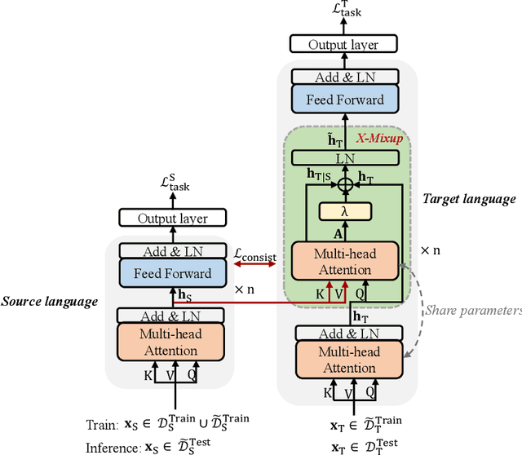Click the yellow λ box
347,212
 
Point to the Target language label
469,199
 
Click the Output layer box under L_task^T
347,44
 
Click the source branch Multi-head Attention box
170,342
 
